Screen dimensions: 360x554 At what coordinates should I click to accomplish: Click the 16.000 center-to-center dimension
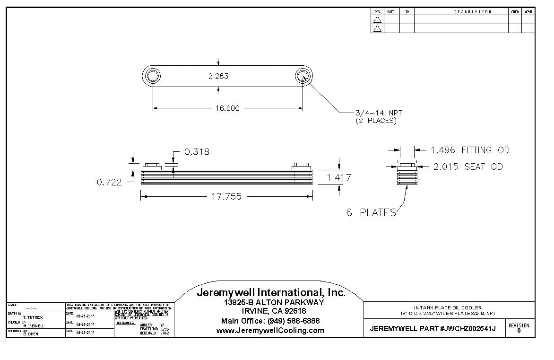pos(227,108)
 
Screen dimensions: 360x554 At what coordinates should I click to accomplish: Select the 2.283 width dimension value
pos(218,76)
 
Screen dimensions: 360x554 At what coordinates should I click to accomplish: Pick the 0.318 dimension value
pos(197,152)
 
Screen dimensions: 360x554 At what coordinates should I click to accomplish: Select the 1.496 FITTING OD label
pos(469,150)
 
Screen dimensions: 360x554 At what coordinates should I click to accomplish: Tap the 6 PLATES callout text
pos(371,213)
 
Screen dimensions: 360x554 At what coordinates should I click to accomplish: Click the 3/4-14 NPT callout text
pos(378,113)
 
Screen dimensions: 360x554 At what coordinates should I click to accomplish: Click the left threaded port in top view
pos(153,76)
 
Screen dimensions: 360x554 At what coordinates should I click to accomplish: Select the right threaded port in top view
pos(303,76)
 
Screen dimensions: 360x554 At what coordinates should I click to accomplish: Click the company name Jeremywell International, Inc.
pos(271,293)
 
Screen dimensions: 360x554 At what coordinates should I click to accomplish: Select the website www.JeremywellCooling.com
pos(270,331)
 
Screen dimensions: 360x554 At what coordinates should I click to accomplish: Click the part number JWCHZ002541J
pos(468,329)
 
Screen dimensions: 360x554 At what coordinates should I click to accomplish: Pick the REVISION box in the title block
pos(519,328)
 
